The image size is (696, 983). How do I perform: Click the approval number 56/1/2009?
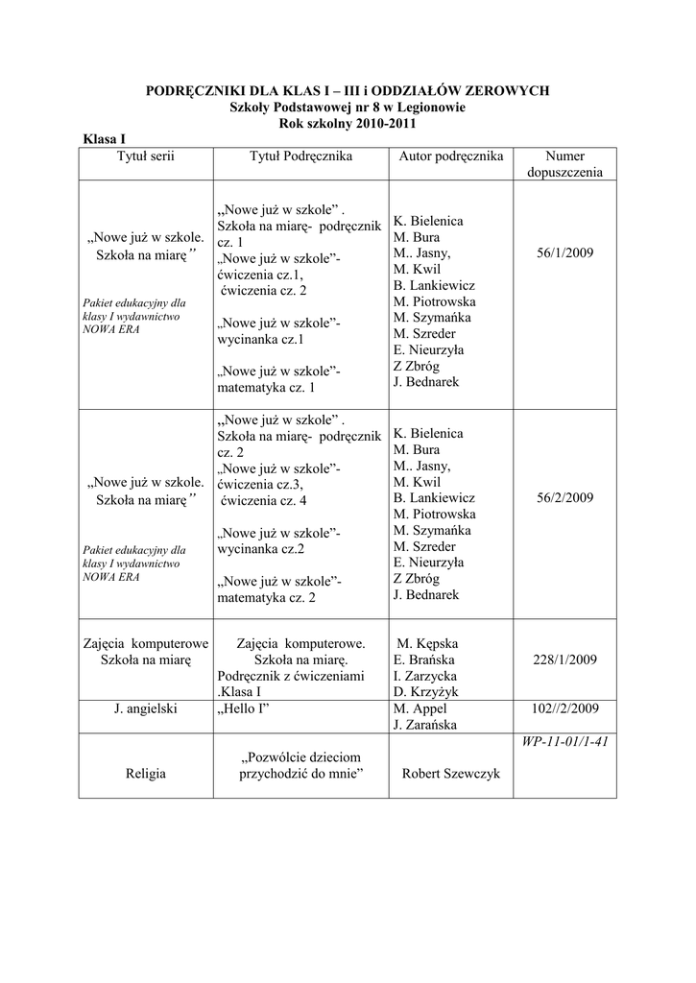click(x=565, y=253)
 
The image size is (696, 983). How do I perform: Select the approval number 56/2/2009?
click(x=565, y=498)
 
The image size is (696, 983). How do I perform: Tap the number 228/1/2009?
click(x=565, y=659)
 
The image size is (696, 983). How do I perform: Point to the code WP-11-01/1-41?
click(x=565, y=741)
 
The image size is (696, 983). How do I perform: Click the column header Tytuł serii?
click(x=146, y=156)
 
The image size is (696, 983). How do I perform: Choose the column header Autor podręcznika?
click(x=448, y=156)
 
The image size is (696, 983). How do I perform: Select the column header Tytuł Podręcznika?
click(x=300, y=156)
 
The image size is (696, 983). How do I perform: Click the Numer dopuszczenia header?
click(x=565, y=164)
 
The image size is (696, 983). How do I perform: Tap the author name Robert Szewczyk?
click(x=451, y=773)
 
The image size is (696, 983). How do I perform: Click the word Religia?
click(x=146, y=773)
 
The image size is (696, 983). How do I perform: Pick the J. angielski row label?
click(x=146, y=708)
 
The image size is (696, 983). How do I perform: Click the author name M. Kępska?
click(x=427, y=643)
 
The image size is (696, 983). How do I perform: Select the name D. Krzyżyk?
click(x=427, y=692)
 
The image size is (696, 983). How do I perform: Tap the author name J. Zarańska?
click(x=425, y=725)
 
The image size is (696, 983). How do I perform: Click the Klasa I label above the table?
click(x=104, y=139)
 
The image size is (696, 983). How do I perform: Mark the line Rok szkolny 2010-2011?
click(x=348, y=123)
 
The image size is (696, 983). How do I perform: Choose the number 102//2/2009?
click(x=565, y=708)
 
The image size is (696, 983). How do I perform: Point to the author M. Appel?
click(x=420, y=708)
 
